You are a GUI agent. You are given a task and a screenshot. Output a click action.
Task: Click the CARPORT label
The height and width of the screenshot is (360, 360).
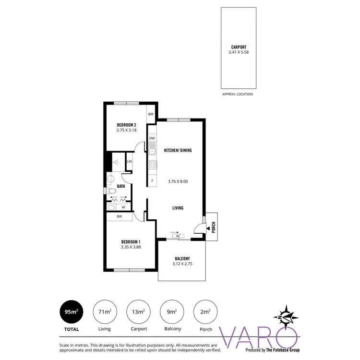238,47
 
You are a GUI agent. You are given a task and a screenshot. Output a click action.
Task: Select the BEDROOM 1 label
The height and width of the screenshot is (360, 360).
131,241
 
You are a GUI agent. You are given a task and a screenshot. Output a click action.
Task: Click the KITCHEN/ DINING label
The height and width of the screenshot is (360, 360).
178,150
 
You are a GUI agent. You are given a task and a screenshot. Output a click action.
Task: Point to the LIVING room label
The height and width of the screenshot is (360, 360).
178,208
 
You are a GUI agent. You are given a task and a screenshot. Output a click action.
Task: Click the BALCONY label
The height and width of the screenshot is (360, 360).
182,258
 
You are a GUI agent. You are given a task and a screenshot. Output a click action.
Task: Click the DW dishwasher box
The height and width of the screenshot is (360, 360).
152,138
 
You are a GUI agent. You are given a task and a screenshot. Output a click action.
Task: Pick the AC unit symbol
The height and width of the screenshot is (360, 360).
178,236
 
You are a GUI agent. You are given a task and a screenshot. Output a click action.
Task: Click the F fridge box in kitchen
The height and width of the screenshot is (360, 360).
152,181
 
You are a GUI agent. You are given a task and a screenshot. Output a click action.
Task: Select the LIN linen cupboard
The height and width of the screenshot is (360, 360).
129,162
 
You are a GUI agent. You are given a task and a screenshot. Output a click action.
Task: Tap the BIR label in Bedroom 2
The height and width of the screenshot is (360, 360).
151,114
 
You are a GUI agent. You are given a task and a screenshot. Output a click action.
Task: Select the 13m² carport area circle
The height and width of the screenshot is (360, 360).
138,312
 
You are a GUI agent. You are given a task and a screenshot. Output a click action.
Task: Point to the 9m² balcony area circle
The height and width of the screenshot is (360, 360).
171,312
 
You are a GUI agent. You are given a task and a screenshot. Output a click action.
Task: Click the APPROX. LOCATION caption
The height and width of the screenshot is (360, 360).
238,94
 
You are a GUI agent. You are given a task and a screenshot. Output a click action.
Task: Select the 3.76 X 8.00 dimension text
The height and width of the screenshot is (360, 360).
178,181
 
